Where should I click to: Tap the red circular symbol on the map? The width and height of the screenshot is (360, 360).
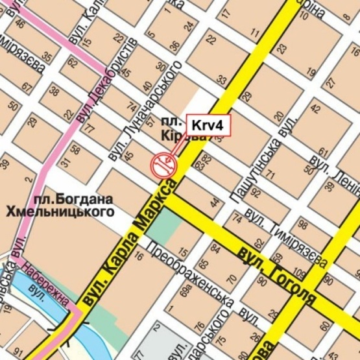162,165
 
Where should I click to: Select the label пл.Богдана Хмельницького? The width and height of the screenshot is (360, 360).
60,204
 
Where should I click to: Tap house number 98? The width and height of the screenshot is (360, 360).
302,225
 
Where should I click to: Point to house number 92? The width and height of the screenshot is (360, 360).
256,193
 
